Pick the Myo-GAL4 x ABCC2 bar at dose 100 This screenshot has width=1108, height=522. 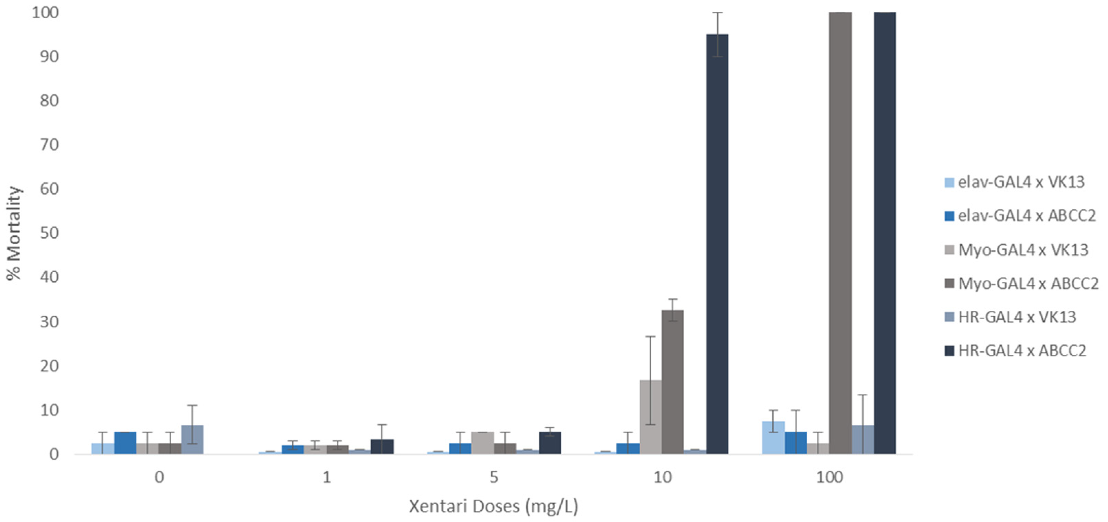840,233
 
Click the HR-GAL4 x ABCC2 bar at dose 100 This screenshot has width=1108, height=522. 885,233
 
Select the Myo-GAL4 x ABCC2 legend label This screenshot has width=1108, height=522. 1028,283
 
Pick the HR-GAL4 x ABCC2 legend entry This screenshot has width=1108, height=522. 1021,350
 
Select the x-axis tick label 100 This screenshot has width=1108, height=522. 829,477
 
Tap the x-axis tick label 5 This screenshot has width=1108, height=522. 494,477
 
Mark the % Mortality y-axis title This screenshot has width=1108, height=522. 14,233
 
